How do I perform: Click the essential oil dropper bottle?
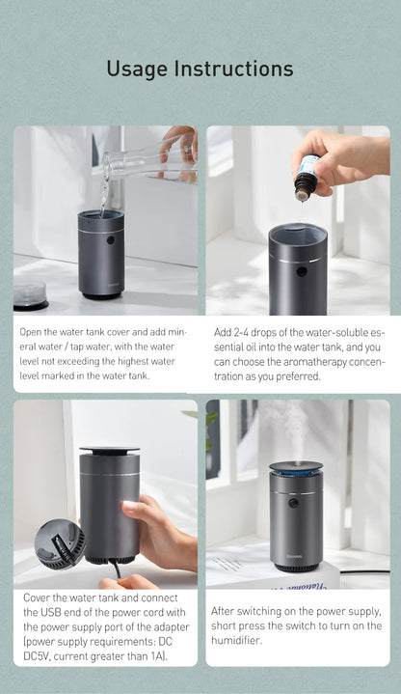click(307, 174)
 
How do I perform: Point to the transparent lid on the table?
click(30, 294)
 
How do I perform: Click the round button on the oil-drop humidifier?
click(302, 271)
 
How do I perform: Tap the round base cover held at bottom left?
click(59, 544)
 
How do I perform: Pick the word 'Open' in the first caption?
click(34, 331)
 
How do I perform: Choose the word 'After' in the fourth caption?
click(227, 611)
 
